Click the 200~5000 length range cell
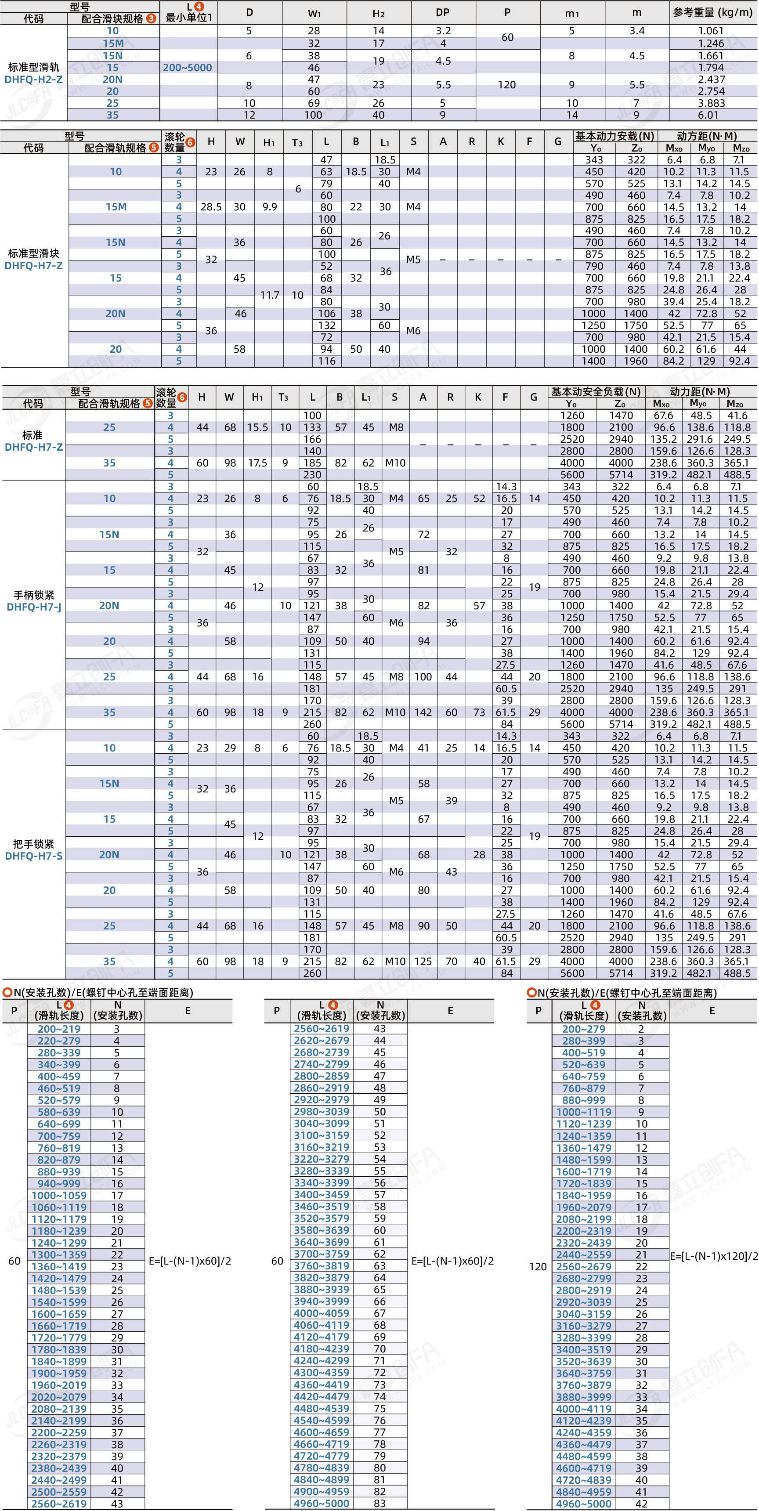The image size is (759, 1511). click(187, 68)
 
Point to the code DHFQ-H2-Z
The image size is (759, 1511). click(33, 79)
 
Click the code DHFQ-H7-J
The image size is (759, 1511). click(34, 607)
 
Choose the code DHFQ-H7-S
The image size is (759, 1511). click(34, 856)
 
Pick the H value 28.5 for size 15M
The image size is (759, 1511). click(211, 207)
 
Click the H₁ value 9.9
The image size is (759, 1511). click(269, 207)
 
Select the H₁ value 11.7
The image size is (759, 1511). click(269, 295)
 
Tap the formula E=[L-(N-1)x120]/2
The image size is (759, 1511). click(714, 1256)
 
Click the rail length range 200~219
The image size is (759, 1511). click(59, 1029)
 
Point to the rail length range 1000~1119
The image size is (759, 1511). click(584, 1112)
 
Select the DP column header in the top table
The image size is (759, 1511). click(442, 12)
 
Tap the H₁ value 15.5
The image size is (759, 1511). click(257, 428)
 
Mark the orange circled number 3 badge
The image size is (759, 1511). click(152, 18)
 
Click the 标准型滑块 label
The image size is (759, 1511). click(33, 253)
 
